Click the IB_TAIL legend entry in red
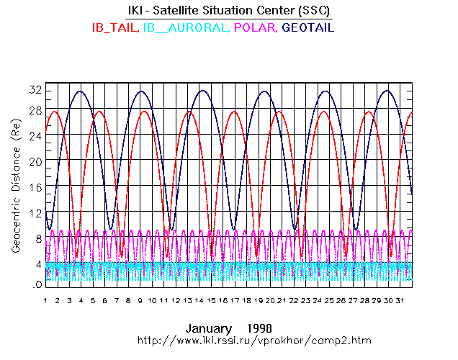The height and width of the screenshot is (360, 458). [115, 27]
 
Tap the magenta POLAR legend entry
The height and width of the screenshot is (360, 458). [256, 27]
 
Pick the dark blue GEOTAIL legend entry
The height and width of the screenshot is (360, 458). [308, 27]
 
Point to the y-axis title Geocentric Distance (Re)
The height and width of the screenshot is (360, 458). [15, 186]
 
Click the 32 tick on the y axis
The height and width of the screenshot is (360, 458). [35, 90]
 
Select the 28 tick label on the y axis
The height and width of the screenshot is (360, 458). [35, 109]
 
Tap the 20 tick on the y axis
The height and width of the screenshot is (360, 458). [35, 161]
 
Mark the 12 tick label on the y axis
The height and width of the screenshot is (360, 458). [35, 213]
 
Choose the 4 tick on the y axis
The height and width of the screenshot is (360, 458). [37, 264]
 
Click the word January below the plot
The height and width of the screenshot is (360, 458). [207, 325]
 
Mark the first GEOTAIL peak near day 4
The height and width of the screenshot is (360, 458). [81, 91]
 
